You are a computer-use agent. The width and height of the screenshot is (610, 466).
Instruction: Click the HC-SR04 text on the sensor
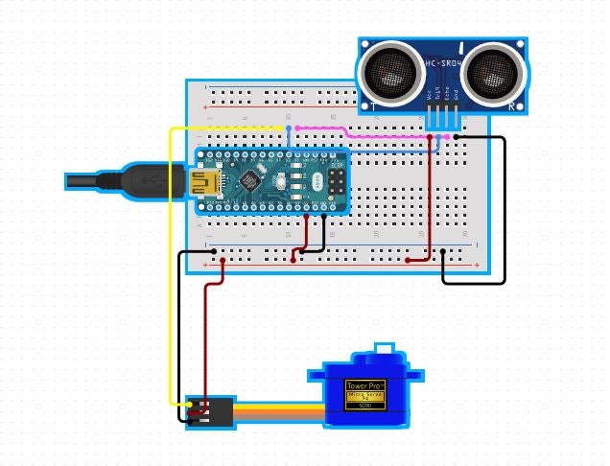pos(442,64)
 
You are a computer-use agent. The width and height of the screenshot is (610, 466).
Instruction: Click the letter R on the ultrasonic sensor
pos(512,105)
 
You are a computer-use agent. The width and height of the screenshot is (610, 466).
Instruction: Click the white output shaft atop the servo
pos(384,350)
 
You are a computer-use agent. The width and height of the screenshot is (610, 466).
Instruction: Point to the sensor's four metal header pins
pos(442,119)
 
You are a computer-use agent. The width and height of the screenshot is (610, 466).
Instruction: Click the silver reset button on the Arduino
pos(297,180)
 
